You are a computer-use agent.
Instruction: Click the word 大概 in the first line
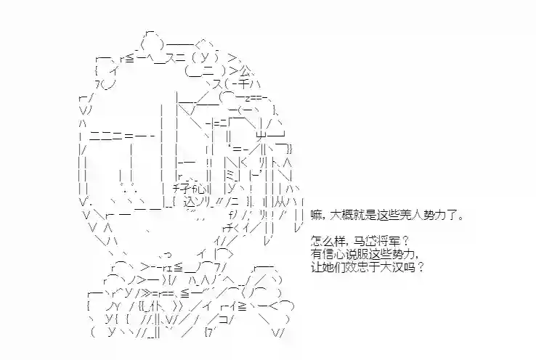coord(341,216)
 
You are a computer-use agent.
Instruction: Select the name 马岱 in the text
coord(363,241)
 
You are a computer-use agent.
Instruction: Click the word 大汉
coord(392,266)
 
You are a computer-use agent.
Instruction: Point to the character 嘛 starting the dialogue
coord(316,216)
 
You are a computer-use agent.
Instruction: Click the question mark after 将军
coord(405,241)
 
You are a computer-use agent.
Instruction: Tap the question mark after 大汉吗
coord(421,266)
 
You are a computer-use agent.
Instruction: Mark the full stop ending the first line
coord(460,218)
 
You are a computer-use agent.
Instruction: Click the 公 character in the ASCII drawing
coord(245,71)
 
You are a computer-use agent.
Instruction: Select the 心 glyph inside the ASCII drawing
coord(201,189)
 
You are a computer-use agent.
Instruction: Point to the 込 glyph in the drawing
coord(190,202)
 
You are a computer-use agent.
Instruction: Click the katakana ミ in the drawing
coord(230,176)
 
